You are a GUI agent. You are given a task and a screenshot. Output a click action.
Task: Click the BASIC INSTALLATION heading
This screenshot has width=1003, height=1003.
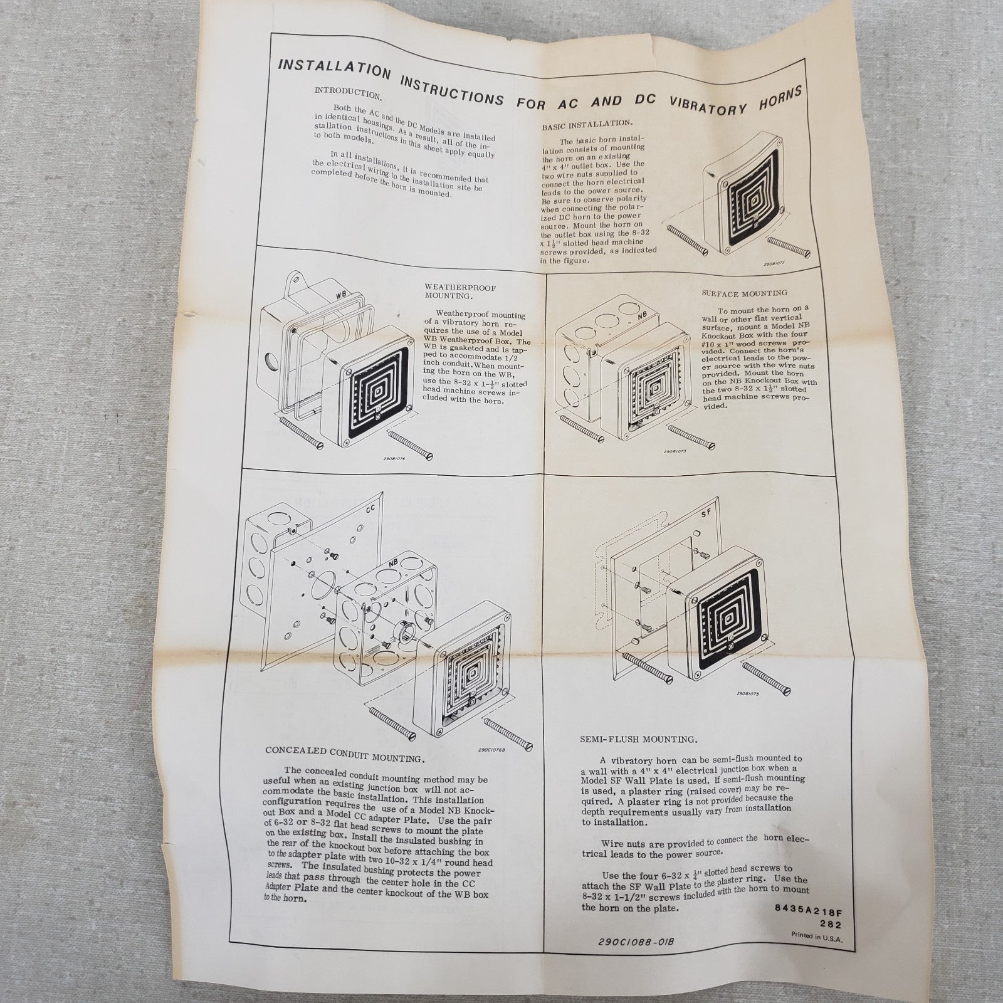coord(587,124)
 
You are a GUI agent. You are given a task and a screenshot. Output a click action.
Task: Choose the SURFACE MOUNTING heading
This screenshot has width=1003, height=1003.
coord(744,293)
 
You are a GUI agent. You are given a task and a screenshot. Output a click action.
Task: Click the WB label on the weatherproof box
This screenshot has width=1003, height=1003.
coord(341,295)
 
